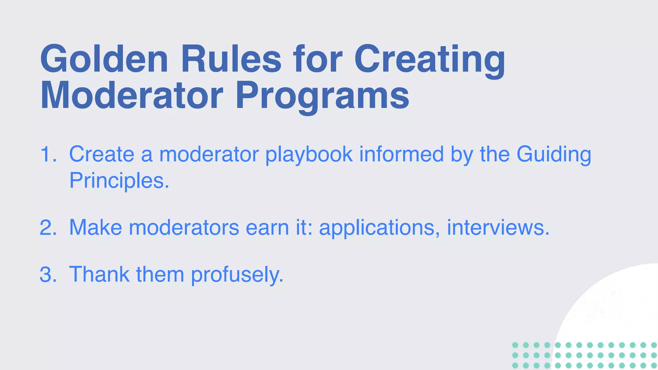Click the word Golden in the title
tap(104, 59)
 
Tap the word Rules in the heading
tap(231, 59)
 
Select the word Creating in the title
tap(430, 60)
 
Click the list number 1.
tap(48, 154)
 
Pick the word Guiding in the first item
tap(554, 155)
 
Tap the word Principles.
tap(119, 181)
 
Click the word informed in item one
tap(401, 154)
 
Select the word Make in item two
tap(95, 227)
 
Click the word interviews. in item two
tap(498, 227)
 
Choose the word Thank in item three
tap(99, 274)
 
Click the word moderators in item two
tap(184, 227)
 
